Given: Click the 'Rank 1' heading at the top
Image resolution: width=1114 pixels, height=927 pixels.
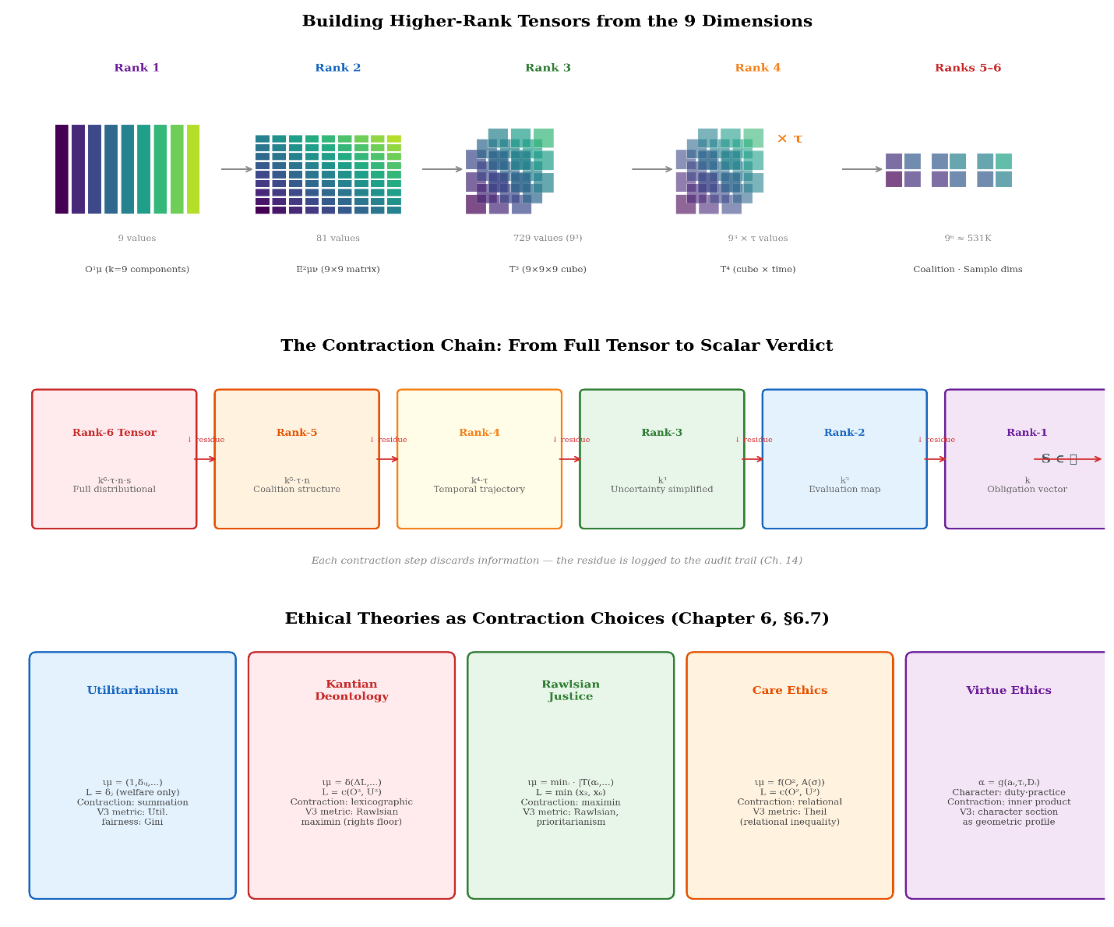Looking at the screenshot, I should (137, 68).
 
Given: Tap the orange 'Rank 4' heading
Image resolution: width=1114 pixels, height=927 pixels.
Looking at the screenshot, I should (757, 68).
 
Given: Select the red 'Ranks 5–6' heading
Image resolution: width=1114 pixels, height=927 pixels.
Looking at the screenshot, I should (968, 68).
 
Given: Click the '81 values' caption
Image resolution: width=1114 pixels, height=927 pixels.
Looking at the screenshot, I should (338, 239).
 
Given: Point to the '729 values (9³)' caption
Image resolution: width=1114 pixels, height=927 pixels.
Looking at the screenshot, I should (548, 239).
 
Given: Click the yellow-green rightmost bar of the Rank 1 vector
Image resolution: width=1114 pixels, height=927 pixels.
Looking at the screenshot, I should (193, 169).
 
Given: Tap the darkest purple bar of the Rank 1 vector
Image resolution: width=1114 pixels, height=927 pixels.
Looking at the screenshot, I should (62, 169).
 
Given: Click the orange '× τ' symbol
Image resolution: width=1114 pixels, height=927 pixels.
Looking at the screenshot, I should (789, 140).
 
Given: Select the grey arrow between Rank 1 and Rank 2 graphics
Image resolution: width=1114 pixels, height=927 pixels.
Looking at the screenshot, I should (236, 169).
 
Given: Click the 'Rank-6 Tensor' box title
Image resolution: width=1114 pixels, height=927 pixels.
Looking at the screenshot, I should (115, 433).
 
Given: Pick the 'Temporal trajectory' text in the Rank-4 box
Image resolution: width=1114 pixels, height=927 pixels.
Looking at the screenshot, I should (479, 490).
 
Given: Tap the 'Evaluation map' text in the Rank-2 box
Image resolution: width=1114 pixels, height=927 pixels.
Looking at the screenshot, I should (844, 490).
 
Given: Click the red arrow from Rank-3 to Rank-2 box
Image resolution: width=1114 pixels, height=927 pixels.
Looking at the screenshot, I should (753, 459).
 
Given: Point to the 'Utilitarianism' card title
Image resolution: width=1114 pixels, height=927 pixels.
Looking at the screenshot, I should (132, 691).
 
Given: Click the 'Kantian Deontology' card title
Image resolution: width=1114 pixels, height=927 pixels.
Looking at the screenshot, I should (351, 691).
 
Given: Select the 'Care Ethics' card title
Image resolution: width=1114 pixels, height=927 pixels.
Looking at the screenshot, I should (790, 691).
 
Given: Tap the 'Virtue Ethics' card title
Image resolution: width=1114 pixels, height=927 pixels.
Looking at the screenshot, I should (1008, 691).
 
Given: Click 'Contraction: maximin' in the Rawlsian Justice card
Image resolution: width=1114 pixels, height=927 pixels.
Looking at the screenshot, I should (571, 802).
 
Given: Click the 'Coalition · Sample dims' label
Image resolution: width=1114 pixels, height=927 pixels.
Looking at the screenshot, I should (968, 270).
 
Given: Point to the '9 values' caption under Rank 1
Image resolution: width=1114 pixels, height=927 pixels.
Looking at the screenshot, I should (137, 239).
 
